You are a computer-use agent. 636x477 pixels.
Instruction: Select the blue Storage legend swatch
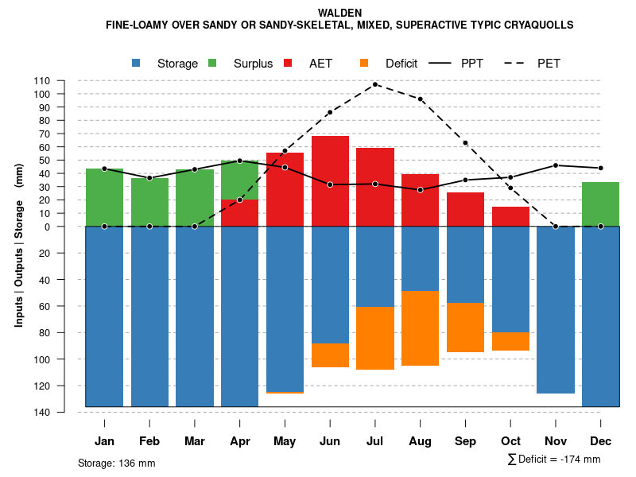(x=138, y=63)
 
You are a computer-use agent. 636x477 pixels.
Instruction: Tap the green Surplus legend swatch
(x=213, y=63)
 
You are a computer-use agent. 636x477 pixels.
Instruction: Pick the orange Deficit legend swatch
(x=365, y=63)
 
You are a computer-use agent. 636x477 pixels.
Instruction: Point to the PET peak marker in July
(x=374, y=84)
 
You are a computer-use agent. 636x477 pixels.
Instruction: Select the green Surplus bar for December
(x=600, y=204)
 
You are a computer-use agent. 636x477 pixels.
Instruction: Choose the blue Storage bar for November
(x=555, y=310)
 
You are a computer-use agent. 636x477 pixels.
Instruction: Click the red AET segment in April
(x=239, y=213)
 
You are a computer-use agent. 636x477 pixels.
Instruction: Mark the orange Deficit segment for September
(x=465, y=328)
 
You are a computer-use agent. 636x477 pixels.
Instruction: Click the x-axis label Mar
(x=195, y=441)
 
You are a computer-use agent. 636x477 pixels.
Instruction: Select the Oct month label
(x=510, y=441)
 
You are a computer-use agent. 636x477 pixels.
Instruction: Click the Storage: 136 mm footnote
(x=117, y=463)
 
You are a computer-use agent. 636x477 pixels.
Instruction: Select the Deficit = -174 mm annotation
(x=554, y=460)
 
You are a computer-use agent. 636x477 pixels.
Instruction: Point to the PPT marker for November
(x=556, y=165)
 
